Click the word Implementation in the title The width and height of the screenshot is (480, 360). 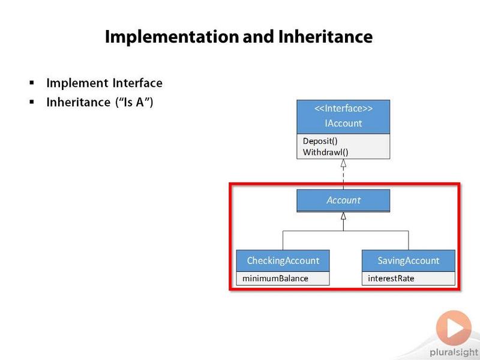point(172,37)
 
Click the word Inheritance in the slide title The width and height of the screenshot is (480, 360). point(325,37)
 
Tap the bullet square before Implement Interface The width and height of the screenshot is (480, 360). point(32,82)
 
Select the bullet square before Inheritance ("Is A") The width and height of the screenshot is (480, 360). point(32,101)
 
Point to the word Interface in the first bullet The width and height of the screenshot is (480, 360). point(137,83)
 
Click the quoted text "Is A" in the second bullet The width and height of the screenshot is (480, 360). point(134,102)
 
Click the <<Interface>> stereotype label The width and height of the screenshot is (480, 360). point(343,109)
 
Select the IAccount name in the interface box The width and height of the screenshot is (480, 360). point(343,123)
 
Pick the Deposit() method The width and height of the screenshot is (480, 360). point(320,141)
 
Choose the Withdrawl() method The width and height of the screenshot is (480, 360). point(325,152)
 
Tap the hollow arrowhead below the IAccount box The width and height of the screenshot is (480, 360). point(343,163)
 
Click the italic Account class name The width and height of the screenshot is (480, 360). point(343,200)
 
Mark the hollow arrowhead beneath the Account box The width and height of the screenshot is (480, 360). point(343,216)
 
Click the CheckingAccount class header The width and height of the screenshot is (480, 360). point(283,260)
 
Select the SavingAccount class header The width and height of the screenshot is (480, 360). point(409,260)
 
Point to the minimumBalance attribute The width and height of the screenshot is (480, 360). point(275,278)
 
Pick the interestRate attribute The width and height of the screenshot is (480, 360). point(391,278)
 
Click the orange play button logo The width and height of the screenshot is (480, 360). point(454,328)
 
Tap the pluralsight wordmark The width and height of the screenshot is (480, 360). point(454,353)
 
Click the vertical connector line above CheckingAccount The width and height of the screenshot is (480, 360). point(283,241)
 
